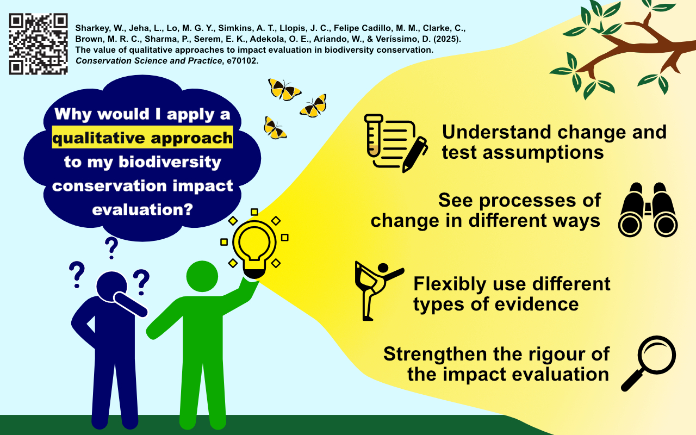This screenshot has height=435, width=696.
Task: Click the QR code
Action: coord(38,44)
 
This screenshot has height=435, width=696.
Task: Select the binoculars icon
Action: coord(648,210)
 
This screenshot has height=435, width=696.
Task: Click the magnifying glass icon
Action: coord(649,363)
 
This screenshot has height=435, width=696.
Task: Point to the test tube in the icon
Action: coord(374,135)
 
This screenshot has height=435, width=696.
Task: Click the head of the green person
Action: coord(202,276)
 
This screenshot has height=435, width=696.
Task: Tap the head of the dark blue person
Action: coord(111,287)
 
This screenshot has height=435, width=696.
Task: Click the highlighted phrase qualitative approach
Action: coord(142,138)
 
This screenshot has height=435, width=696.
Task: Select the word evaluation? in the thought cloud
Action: coord(142,209)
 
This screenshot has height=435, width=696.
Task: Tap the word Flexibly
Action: coord(450,285)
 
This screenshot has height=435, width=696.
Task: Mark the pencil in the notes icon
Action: coord(415,154)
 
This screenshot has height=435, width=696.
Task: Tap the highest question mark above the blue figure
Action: coord(111,248)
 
